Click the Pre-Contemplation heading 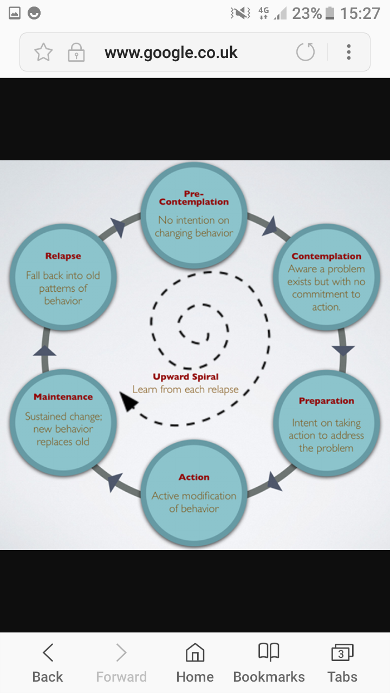[194, 198]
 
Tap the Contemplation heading [326, 256]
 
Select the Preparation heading [326, 401]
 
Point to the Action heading [194, 477]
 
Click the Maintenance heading [63, 397]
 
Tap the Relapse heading [63, 256]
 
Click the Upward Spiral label [186, 377]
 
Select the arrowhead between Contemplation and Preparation [343, 350]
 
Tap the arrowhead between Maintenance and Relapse [45, 351]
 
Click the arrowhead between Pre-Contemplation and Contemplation [270, 226]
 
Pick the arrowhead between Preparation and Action [274, 481]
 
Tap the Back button [48, 663]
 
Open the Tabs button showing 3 [342, 663]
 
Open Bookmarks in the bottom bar [269, 663]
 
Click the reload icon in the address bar [305, 53]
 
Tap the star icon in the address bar [43, 53]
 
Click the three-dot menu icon [349, 53]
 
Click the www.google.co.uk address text [171, 53]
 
